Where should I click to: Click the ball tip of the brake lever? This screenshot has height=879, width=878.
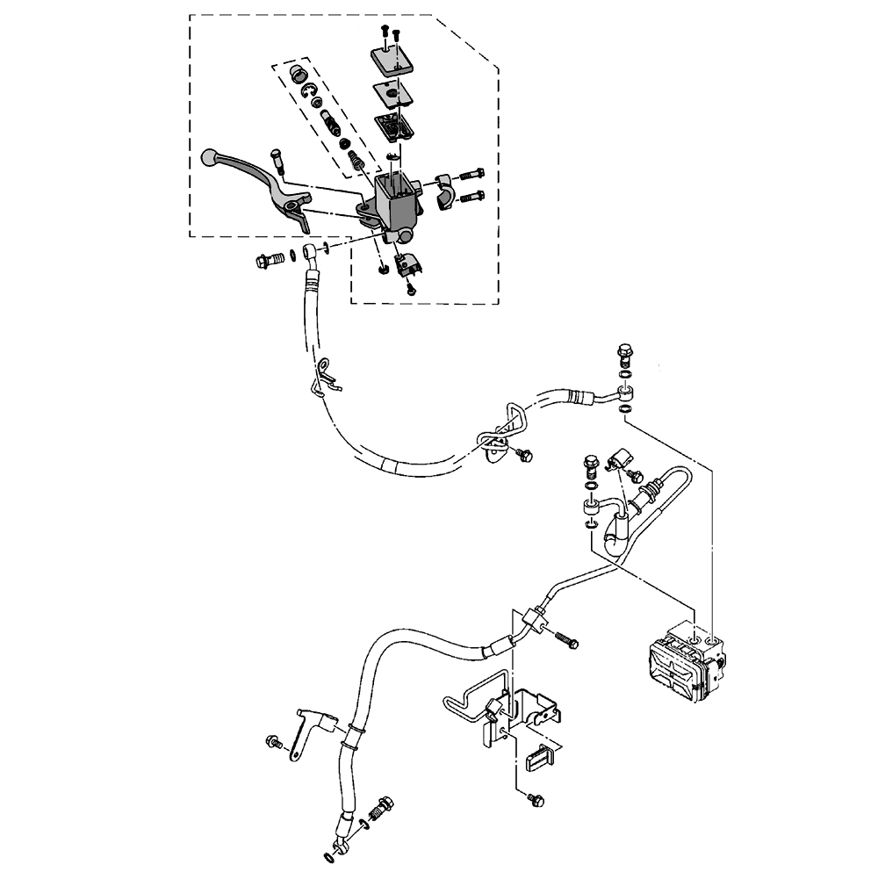(209, 158)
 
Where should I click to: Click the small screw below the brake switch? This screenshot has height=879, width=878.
(410, 286)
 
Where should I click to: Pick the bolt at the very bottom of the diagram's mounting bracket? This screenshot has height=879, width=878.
(538, 800)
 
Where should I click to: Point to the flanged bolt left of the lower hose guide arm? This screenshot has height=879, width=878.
(274, 744)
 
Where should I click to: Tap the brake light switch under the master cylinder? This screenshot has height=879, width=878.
(408, 262)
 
